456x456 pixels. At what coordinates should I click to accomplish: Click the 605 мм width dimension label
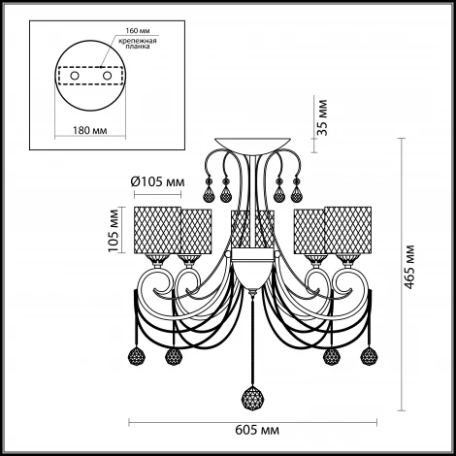point(257,431)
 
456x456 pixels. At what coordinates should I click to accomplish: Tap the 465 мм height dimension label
point(409,267)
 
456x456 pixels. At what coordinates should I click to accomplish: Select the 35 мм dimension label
point(322,117)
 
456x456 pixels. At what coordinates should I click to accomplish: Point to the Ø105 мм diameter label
point(158,182)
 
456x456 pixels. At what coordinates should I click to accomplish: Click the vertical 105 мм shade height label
point(114,231)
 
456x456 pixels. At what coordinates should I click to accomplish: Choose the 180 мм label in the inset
point(89,130)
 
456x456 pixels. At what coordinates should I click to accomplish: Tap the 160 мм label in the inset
point(138,31)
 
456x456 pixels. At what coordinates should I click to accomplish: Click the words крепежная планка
point(138,44)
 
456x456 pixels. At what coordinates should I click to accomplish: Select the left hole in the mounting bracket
point(75,76)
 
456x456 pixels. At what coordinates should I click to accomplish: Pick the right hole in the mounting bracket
point(107,76)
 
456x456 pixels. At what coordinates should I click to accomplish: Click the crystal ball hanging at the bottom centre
point(252,398)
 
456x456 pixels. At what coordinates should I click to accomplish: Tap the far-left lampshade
point(157,230)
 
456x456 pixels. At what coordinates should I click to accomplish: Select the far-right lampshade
point(348,230)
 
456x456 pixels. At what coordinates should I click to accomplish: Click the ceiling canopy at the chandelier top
point(252,145)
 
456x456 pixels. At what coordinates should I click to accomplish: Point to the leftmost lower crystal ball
point(137,356)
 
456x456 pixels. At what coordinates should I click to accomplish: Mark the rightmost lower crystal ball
point(369,356)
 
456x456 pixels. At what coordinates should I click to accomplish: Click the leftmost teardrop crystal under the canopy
point(209,194)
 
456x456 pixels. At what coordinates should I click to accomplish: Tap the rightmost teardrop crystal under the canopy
point(296,194)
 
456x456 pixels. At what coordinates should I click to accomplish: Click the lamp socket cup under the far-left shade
point(157,260)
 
